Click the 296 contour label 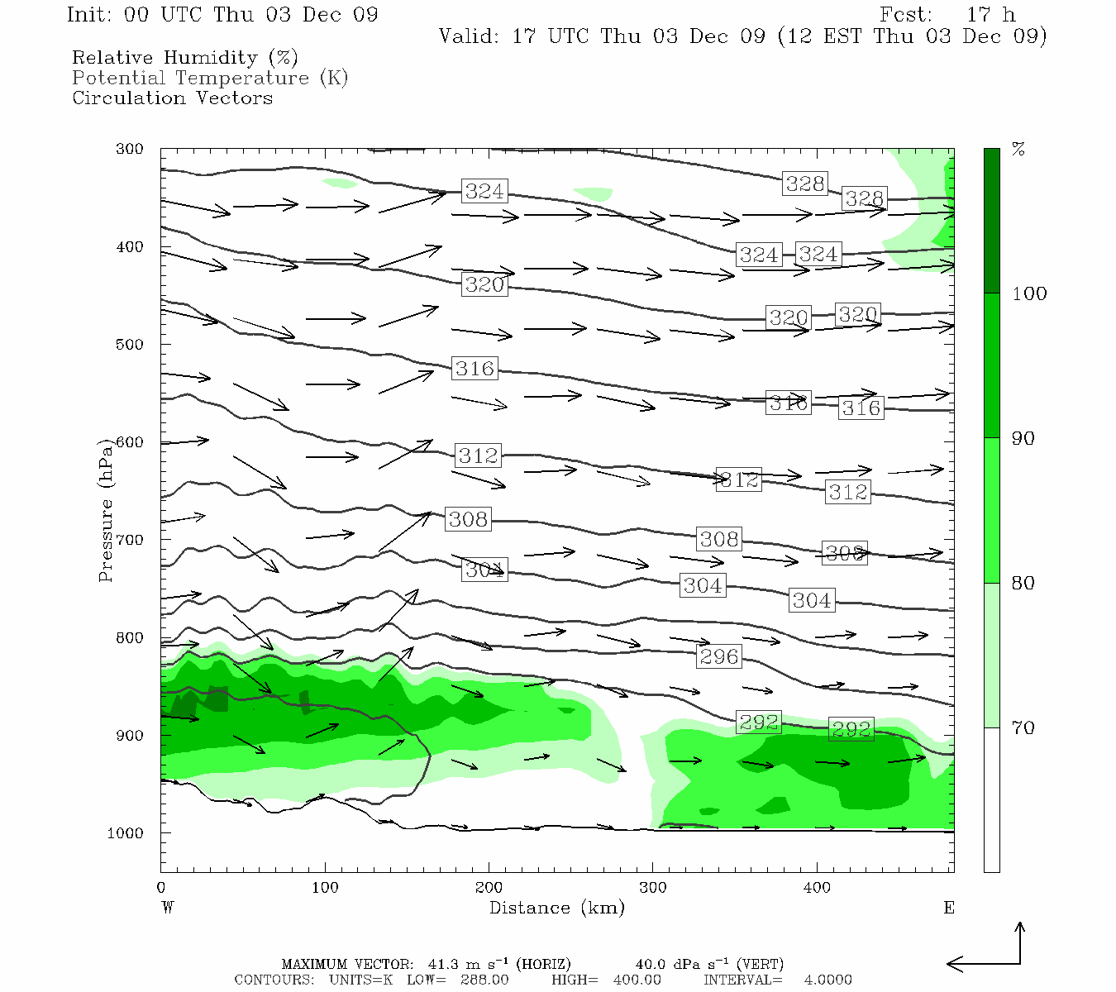point(718,656)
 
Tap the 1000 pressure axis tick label point(126,833)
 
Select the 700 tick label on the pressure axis point(129,540)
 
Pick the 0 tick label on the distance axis point(161,888)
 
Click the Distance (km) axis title point(556,908)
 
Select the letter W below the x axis point(168,908)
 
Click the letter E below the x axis point(949,908)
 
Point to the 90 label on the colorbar point(1023,439)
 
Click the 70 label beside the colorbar point(1023,728)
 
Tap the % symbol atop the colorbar point(1018,150)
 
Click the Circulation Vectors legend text point(172,98)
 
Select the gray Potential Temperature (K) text point(210,79)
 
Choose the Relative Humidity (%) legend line point(185,58)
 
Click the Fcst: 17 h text point(947,15)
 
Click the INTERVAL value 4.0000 point(827,980)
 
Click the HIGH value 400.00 point(637,980)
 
